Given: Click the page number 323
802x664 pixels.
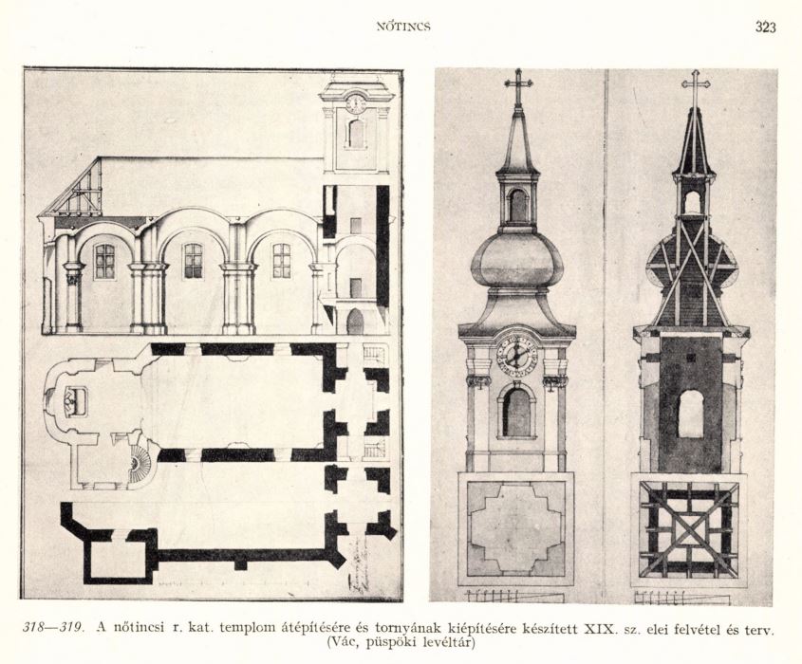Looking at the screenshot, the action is pyautogui.click(x=765, y=28).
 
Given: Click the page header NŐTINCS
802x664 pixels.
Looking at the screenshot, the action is pyautogui.click(x=403, y=27).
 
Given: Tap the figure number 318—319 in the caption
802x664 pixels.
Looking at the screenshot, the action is pyautogui.click(x=54, y=627).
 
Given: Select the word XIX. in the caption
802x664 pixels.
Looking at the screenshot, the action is pyautogui.click(x=599, y=627).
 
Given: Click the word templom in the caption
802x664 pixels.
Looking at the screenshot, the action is pyautogui.click(x=245, y=628).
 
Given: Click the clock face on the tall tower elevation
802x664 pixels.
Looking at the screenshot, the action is pyautogui.click(x=516, y=353).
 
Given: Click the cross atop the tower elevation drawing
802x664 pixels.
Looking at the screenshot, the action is pyautogui.click(x=518, y=87).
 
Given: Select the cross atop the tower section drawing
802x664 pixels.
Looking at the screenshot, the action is pyautogui.click(x=695, y=88).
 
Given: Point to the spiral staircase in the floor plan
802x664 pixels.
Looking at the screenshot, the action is pyautogui.click(x=140, y=462).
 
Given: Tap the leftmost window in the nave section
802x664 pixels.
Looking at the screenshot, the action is pyautogui.click(x=104, y=261).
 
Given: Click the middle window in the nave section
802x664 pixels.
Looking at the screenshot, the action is pyautogui.click(x=194, y=261).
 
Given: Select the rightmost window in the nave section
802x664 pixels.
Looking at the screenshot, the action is pyautogui.click(x=281, y=261).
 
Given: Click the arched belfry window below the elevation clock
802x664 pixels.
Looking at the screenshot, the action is pyautogui.click(x=516, y=411).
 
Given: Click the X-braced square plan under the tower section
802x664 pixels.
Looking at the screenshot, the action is pyautogui.click(x=689, y=528).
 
